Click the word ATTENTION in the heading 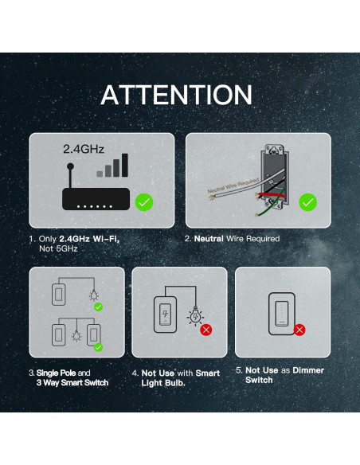pos(176,96)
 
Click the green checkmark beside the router pos(144,202)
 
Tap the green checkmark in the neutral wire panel pos(307,202)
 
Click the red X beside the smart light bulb pos(205,328)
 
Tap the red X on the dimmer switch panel pos(300,329)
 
